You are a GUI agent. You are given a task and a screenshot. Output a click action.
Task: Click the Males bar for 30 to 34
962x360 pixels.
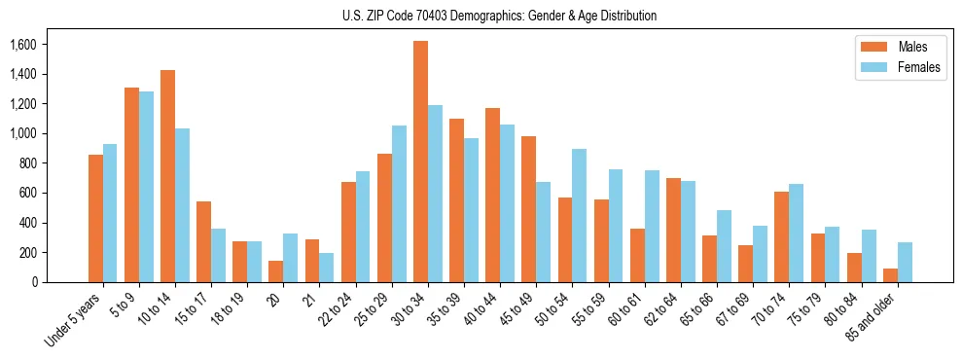(x=420, y=162)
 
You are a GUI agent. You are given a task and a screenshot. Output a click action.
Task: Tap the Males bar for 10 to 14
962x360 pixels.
(x=167, y=176)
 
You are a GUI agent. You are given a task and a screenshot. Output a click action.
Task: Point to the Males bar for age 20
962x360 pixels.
(x=276, y=271)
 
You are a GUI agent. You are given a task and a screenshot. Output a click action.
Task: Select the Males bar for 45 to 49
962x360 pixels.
(x=529, y=209)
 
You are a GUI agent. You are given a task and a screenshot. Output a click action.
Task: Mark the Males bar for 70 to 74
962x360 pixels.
(x=782, y=237)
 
